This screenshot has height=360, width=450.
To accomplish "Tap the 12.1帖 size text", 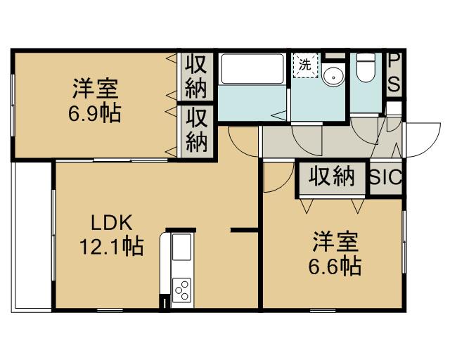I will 111,246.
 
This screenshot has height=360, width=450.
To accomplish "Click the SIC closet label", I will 386,177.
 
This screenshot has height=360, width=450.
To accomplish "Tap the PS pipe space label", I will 394,73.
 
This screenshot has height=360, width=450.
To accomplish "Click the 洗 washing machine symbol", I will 305,65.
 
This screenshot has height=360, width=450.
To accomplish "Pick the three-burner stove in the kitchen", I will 181,290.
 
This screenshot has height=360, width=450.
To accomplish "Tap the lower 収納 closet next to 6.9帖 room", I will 197,131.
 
